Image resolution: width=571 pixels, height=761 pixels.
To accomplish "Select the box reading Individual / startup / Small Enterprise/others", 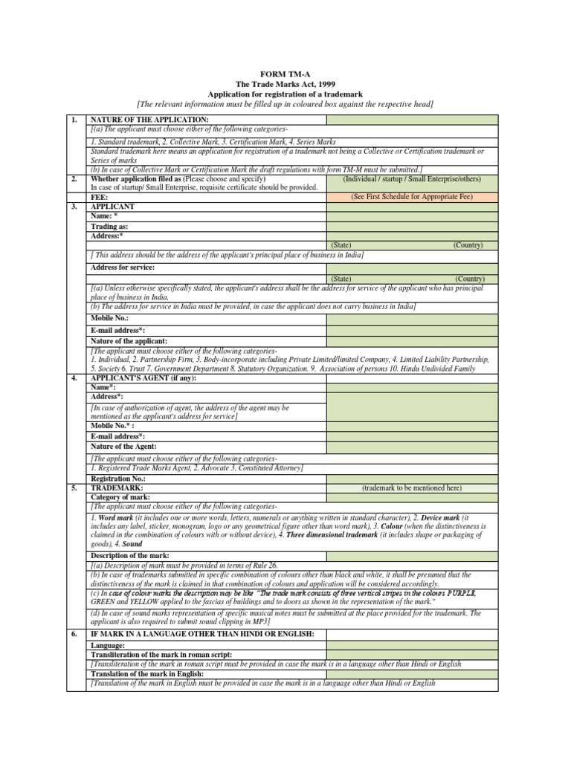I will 412,179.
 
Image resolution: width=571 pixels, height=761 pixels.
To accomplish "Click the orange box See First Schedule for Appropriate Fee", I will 412,197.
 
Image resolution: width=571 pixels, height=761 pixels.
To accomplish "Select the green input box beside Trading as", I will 412,226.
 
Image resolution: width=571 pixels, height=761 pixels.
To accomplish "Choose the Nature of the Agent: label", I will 123,446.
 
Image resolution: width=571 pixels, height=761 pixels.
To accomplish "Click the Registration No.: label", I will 119,479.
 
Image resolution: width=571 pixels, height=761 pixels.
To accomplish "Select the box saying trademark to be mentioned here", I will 412,488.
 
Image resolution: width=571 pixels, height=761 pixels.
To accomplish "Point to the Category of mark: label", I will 120,496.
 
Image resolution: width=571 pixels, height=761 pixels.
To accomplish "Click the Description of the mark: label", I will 129,555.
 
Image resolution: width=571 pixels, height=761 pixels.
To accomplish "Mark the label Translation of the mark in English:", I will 146,673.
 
